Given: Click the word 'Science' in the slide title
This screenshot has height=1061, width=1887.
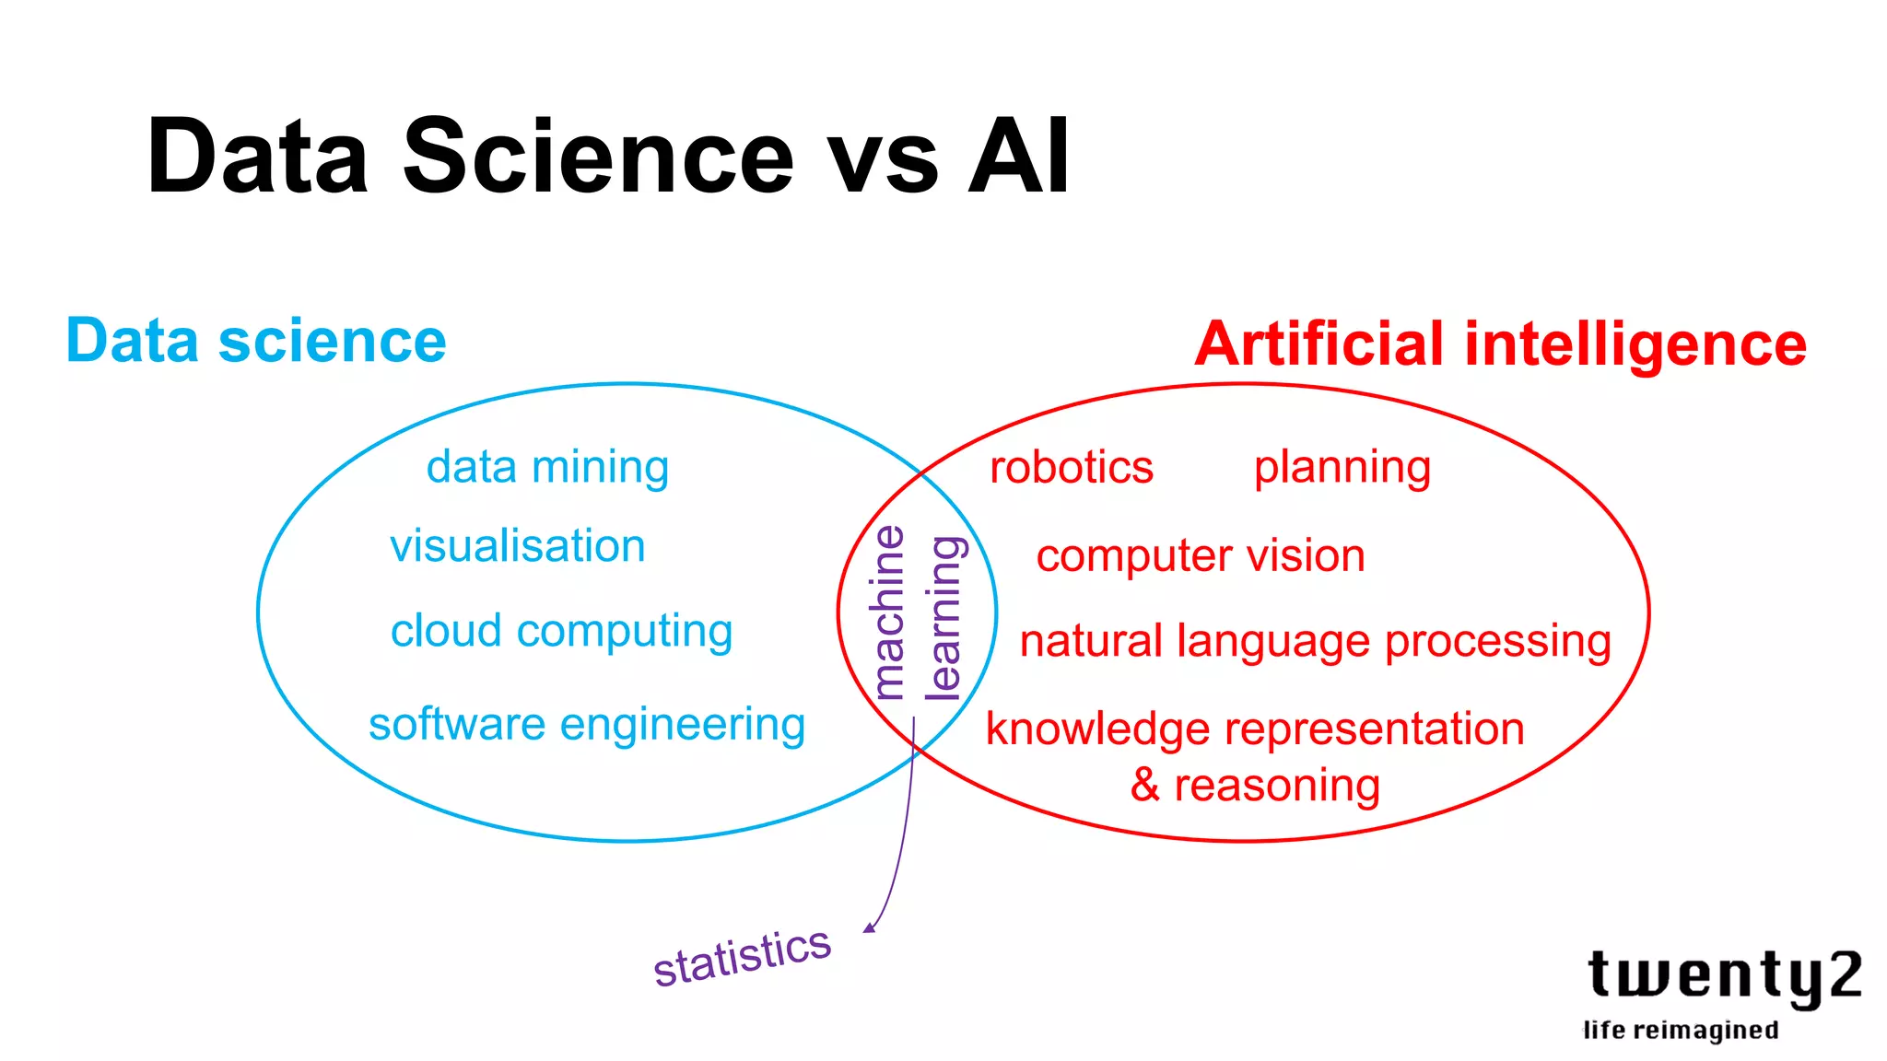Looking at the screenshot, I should (597, 157).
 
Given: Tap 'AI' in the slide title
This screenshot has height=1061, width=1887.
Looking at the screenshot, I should (1018, 157).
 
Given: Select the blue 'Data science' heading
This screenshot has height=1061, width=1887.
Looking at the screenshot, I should (256, 341).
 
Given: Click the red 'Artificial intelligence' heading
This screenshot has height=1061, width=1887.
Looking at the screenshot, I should (1500, 344).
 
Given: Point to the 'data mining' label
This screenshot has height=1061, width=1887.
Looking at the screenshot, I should (547, 467).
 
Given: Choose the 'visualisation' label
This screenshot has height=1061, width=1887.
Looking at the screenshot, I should (517, 546).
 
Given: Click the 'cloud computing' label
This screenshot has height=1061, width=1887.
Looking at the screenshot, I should (561, 632).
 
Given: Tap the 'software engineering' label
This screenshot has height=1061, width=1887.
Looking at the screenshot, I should (587, 725).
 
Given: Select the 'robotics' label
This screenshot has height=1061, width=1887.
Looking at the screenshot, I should (1071, 468).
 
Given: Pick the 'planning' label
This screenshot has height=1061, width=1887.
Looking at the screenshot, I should (1342, 468).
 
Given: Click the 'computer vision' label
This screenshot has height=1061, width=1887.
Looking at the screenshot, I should (1201, 556).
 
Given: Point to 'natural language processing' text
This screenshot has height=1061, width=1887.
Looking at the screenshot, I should (1315, 642).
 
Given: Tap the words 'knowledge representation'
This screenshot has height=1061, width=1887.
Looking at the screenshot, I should (1255, 729).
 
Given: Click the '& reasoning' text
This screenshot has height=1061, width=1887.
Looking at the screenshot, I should (1255, 786).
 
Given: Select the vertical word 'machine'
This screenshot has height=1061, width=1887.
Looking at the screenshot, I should (889, 612).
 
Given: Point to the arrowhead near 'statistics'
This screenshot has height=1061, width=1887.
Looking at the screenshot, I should (869, 927).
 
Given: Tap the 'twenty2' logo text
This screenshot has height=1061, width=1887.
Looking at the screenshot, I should (1723, 976).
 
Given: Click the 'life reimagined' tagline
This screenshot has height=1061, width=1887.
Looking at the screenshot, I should (1681, 1031).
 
